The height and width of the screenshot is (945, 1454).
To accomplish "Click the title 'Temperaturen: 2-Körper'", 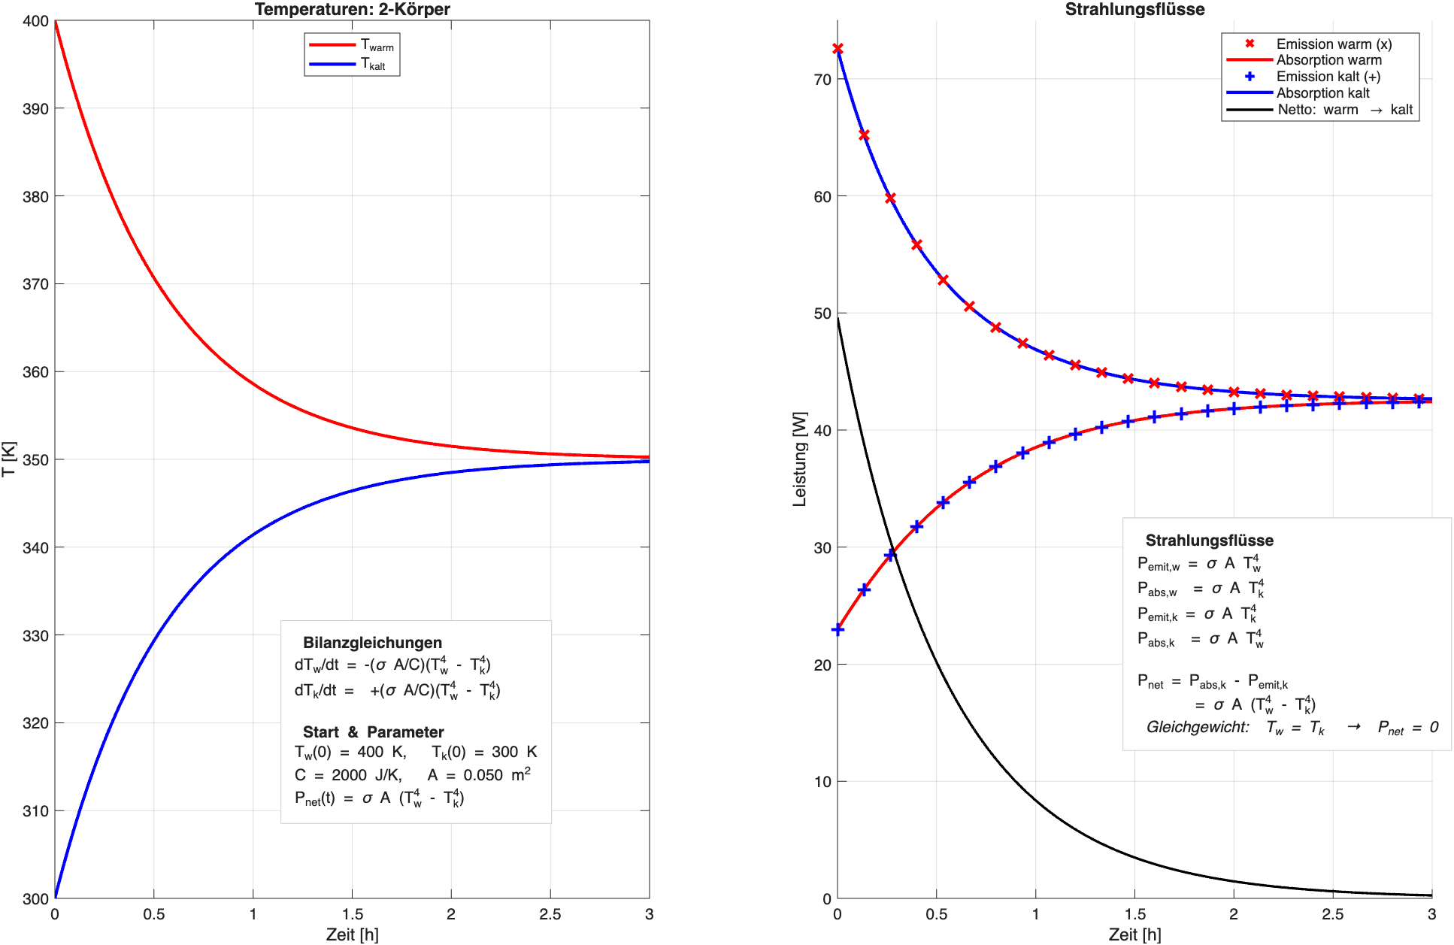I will coord(352,9).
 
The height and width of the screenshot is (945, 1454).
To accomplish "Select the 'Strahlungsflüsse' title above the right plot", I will coord(1134,9).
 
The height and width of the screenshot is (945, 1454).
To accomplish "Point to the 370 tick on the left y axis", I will coord(35,284).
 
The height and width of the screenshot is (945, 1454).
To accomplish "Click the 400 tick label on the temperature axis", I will coord(35,21).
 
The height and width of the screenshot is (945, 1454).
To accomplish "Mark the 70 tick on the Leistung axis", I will coord(822,80).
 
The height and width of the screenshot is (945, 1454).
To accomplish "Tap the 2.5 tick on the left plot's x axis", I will coord(550,914).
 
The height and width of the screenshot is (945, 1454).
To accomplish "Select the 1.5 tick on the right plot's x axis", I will coord(1134,914).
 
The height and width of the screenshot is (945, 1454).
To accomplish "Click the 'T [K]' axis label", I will coord(8,459).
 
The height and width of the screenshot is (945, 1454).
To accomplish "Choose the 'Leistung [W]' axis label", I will coord(799,459).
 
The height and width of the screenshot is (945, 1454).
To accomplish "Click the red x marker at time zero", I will coord(838,49).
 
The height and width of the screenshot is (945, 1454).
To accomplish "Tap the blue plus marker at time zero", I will coord(838,629).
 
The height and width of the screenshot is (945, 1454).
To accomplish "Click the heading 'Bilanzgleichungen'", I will coord(372,643).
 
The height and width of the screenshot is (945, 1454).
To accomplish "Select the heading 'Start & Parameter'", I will coord(373,732).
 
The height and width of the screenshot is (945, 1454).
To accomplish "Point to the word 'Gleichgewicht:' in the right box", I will coord(1198,727).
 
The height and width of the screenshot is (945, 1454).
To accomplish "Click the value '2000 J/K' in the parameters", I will coord(367,775).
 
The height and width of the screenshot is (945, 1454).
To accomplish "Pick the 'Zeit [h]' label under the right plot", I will coord(1134,934).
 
